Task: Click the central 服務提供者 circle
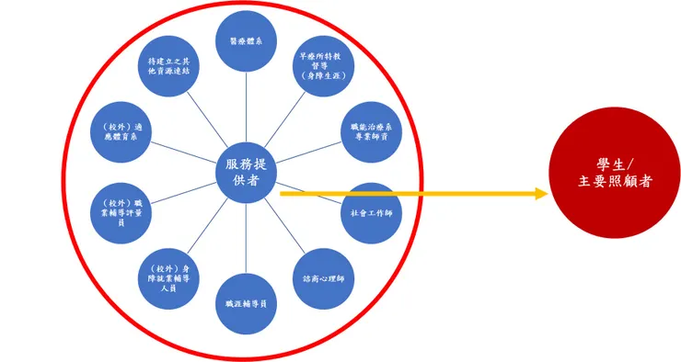point(248,173)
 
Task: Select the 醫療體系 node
point(246,40)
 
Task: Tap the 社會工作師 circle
point(371,212)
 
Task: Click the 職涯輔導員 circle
point(246,303)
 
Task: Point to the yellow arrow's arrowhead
point(542,194)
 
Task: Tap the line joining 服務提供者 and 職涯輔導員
point(247,239)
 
